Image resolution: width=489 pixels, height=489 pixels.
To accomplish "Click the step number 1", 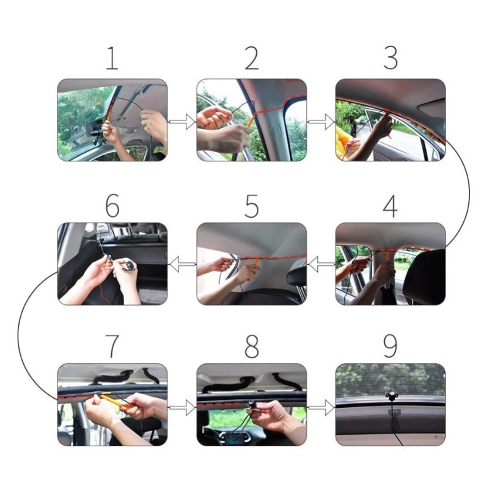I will tap(112, 58).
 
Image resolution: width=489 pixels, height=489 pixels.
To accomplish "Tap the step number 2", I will tap(251, 58).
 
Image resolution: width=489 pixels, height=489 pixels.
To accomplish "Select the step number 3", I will tap(390, 58).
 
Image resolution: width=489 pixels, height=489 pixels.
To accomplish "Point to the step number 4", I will tap(390, 207).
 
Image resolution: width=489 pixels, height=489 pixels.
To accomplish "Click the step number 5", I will tap(251, 207).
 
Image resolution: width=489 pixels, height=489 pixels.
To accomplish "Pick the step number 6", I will tap(112, 207).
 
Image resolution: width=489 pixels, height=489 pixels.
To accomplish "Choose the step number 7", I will tap(112, 346).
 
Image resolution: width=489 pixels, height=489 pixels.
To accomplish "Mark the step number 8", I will tap(251, 346).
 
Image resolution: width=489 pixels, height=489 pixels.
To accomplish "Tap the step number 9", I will tap(390, 346).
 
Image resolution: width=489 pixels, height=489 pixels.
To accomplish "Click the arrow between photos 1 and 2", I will tap(182, 122).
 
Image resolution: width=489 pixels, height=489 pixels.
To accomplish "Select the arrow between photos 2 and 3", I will tap(321, 122).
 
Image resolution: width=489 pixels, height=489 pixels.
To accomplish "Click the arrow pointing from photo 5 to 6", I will tap(182, 265).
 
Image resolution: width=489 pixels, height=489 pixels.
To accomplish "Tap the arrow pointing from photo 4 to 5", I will tap(321, 265).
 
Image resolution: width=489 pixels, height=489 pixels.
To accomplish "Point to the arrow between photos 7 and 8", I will tap(182, 405).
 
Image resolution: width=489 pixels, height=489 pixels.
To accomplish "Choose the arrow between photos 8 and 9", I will tap(321, 405).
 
